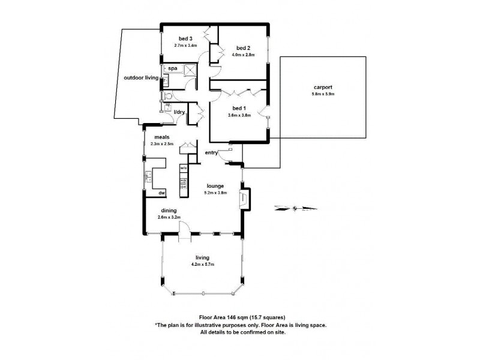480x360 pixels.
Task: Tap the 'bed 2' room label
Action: point(242,48)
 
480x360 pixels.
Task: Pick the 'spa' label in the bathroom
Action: point(172,69)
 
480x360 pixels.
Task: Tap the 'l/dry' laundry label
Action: point(179,112)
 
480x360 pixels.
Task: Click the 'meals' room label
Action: point(161,137)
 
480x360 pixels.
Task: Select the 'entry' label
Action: point(212,153)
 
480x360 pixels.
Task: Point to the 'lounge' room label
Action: point(215,186)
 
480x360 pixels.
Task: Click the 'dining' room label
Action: point(169,211)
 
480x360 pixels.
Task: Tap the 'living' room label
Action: point(202,257)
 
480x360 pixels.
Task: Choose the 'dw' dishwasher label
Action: point(162,193)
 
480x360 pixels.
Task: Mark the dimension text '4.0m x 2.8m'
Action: point(242,55)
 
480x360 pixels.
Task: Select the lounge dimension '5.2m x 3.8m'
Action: point(215,193)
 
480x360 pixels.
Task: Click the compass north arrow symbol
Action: point(294,209)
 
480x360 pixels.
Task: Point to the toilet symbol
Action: point(170,96)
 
